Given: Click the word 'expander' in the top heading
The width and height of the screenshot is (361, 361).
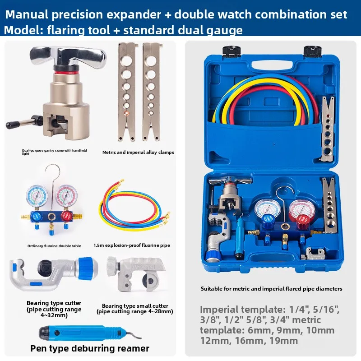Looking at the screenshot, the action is pyautogui.click(x=134, y=15).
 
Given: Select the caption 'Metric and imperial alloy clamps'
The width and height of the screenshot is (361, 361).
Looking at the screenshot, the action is pyautogui.click(x=138, y=153).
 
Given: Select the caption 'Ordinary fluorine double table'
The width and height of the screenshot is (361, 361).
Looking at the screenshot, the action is pyautogui.click(x=54, y=246).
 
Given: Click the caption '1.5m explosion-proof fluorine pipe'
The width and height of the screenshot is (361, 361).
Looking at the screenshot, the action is pyautogui.click(x=132, y=245).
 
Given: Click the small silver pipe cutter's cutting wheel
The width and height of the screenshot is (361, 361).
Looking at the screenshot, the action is pyautogui.click(x=150, y=281).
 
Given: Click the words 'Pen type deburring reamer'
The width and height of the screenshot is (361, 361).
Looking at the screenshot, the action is pyautogui.click(x=90, y=348).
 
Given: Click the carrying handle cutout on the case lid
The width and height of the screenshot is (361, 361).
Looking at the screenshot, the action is pyautogui.click(x=272, y=65).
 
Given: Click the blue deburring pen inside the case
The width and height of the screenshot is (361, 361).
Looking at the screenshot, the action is pyautogui.click(x=240, y=239).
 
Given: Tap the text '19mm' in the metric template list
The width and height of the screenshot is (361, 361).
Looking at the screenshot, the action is pyautogui.click(x=283, y=341).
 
